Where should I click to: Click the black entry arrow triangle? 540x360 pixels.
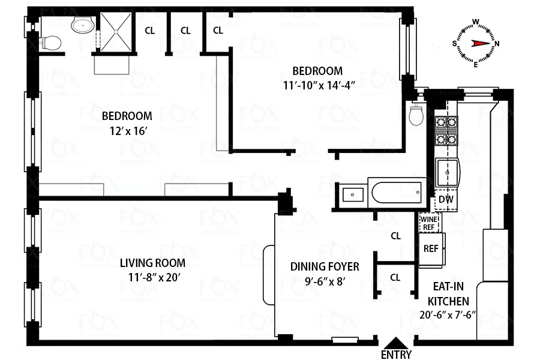397,342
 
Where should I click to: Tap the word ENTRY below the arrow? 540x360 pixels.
397,355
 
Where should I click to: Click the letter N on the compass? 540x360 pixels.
497,43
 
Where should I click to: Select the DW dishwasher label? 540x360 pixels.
445,199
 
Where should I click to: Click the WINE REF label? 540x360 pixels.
429,223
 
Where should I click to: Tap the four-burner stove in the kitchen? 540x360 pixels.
446,131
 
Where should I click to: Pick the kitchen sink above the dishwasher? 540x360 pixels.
447,174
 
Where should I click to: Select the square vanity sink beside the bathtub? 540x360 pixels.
351,194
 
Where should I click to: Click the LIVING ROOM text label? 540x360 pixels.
152,263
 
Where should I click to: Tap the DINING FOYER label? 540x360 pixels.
325,266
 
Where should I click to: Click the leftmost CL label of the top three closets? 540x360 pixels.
149,30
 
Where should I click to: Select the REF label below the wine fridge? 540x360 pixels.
430,248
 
